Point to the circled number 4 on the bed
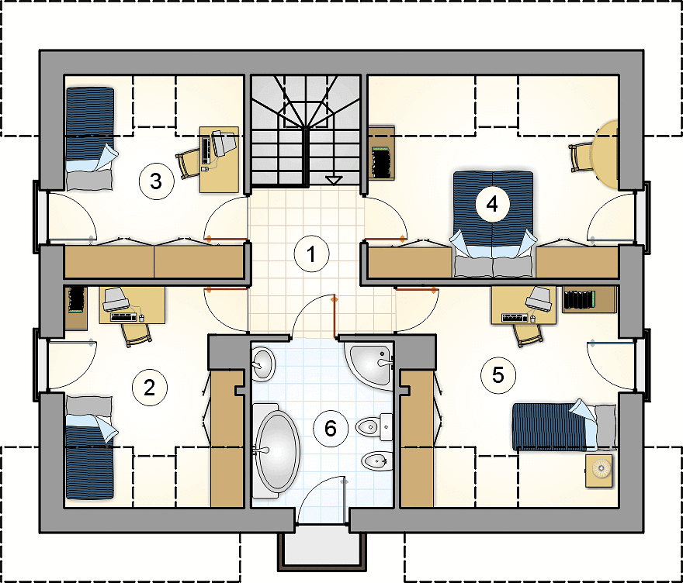coord(491,205)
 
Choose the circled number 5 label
coord(498,374)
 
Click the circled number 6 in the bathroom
coord(331,429)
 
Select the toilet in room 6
coord(372,426)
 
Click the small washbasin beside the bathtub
coord(263,363)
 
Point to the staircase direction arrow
coord(334,181)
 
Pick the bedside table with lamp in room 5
coord(600,470)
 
